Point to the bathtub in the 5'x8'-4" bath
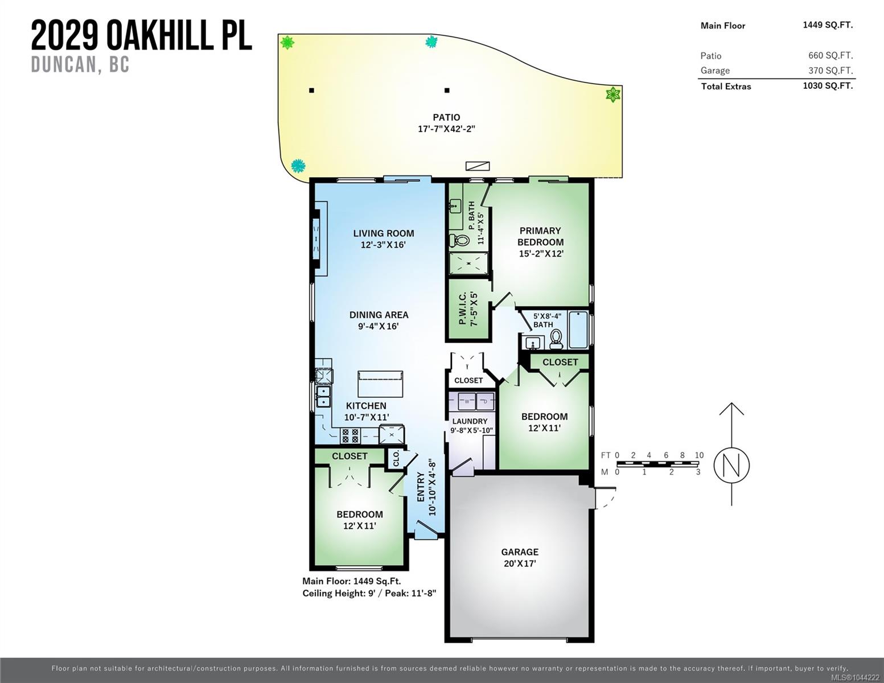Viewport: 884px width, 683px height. coord(578,330)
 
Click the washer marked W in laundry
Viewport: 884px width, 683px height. coord(467,401)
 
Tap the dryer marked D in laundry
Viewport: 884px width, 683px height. coord(485,401)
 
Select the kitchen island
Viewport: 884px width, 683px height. coord(380,384)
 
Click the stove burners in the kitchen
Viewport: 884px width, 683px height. coord(350,435)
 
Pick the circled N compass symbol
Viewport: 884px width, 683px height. coord(731,466)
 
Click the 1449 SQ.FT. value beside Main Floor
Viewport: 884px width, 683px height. coord(828,25)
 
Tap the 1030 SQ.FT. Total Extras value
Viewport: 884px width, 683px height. coord(828,86)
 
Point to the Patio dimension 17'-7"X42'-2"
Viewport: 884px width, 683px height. coord(446,129)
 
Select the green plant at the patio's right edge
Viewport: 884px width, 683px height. coord(612,94)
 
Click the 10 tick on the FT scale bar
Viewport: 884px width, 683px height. coord(699,455)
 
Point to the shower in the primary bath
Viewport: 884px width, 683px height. coord(468,263)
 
